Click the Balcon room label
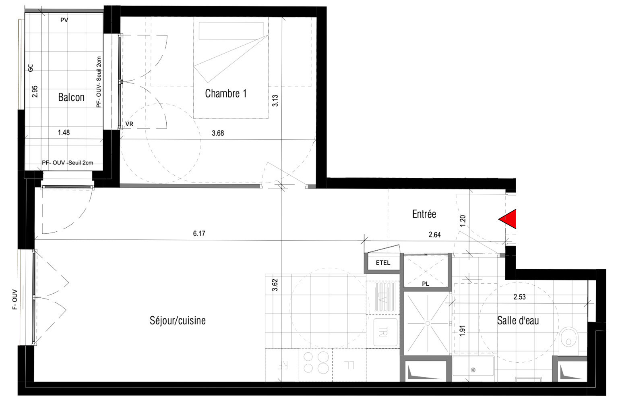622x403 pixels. tap(71, 97)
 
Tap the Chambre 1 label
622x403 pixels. tap(225, 93)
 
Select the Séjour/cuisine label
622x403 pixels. tap(178, 320)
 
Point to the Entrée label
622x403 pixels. tap(424, 214)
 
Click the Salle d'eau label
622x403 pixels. tap(518, 321)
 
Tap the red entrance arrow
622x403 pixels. tap(508, 219)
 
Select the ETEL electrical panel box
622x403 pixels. tap(383, 263)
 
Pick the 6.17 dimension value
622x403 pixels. tap(199, 234)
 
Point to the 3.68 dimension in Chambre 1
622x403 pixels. tap(218, 133)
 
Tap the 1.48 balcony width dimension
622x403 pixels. tap(64, 132)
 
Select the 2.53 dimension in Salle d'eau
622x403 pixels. tap(519, 297)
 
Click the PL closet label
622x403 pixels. tap(426, 284)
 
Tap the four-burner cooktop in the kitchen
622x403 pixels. tap(316, 362)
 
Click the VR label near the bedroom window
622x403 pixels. tap(129, 124)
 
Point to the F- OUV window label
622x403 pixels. tap(15, 299)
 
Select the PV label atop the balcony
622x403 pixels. tap(64, 20)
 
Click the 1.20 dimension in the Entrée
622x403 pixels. tap(463, 220)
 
